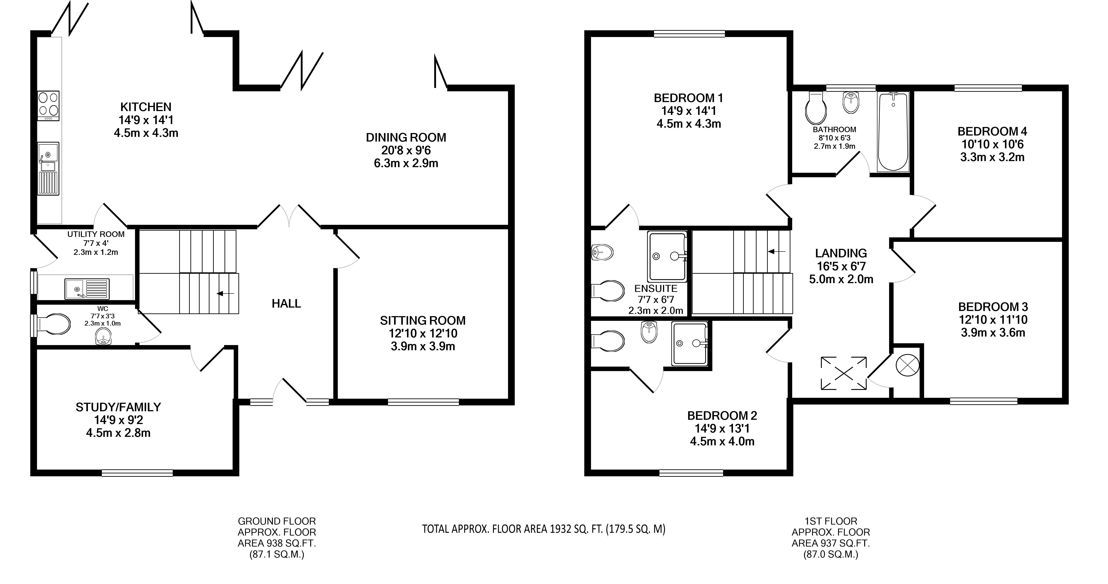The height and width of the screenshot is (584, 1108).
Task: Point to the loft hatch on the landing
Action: click(x=844, y=373)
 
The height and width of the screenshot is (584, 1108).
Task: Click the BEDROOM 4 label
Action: click(x=992, y=131)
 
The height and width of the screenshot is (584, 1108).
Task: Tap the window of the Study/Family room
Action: click(x=137, y=473)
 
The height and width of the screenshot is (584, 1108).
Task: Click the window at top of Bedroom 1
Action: click(x=689, y=34)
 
